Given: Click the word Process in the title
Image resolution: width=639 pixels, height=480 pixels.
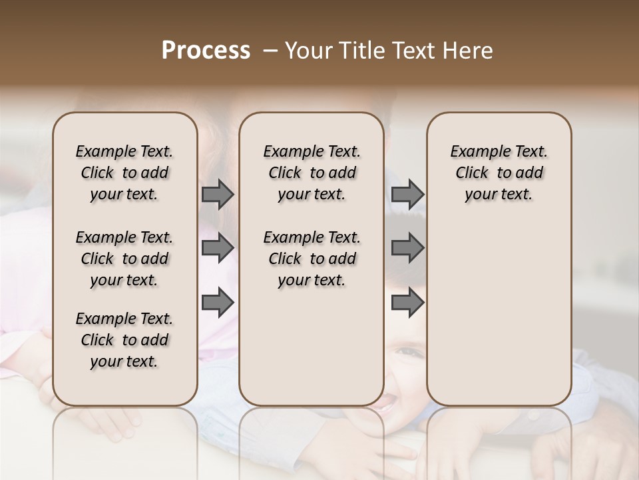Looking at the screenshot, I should [x=206, y=51].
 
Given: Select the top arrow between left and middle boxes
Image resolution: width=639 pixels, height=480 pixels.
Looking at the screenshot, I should [x=218, y=194].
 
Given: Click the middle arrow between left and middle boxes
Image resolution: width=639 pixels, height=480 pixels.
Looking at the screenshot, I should [x=218, y=248].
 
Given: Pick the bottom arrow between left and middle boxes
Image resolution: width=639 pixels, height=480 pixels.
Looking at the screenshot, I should [x=218, y=302].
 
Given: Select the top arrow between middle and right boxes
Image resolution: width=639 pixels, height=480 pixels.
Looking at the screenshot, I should [x=407, y=194].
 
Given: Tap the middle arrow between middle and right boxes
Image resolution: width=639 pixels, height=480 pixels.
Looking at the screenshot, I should [x=407, y=248].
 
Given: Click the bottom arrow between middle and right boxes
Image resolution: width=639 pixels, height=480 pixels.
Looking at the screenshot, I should [x=407, y=302].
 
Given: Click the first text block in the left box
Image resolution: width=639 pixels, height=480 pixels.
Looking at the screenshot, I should [x=124, y=173].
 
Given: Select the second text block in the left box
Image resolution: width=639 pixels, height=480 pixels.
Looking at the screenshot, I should [x=124, y=259].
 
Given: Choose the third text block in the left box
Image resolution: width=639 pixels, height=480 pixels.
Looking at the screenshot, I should [x=124, y=340].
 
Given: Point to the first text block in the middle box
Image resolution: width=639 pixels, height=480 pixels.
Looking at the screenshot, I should [x=312, y=173].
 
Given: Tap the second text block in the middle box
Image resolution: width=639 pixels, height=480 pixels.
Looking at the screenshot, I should [x=312, y=259].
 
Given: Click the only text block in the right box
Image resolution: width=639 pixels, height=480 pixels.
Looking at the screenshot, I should [x=499, y=173].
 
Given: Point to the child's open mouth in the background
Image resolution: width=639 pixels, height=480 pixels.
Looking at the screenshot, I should [x=385, y=401].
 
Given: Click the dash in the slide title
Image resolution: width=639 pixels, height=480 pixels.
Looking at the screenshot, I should [x=271, y=51].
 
